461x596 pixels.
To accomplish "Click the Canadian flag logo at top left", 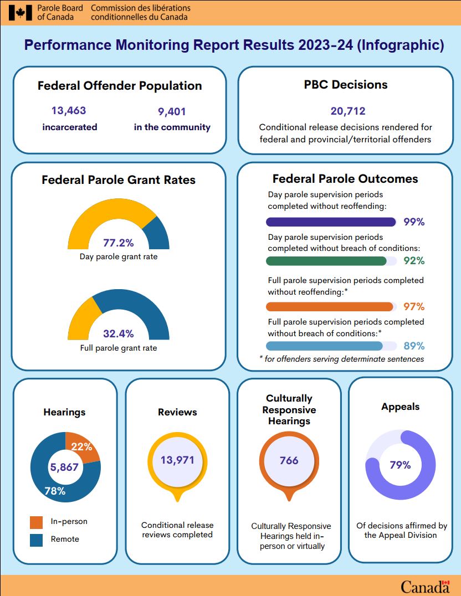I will pyautogui.click(x=21, y=12).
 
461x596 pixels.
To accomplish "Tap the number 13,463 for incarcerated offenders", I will pyautogui.click(x=69, y=111).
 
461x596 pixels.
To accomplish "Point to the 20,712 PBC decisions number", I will pyautogui.click(x=348, y=111).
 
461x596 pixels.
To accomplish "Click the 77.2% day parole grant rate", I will pyautogui.click(x=119, y=243).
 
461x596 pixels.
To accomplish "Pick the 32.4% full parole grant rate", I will pyautogui.click(x=119, y=333).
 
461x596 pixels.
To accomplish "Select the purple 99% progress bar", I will pyautogui.click(x=331, y=222).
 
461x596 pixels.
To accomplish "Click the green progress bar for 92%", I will pyautogui.click(x=326, y=261).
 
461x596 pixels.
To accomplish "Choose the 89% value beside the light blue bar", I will pyautogui.click(x=414, y=346).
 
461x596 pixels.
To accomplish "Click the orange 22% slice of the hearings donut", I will pyautogui.click(x=81, y=446).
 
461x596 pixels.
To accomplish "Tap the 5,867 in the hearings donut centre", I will pyautogui.click(x=65, y=467).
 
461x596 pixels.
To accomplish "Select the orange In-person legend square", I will pyautogui.click(x=36, y=522).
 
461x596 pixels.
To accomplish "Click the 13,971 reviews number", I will pyautogui.click(x=178, y=460).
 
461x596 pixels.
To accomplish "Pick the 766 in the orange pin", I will pyautogui.click(x=289, y=460).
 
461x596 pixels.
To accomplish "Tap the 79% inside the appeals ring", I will pyautogui.click(x=400, y=465).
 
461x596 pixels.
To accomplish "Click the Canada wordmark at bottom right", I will pyautogui.click(x=424, y=586).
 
